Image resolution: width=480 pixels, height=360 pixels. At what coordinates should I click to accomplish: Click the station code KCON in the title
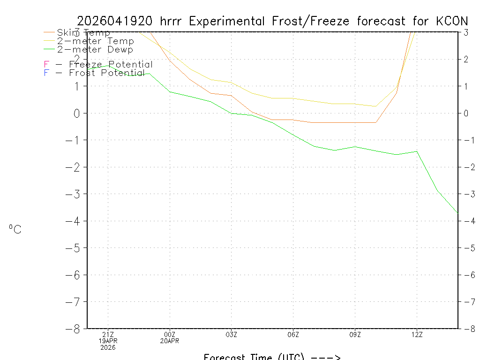pyautogui.click(x=451, y=21)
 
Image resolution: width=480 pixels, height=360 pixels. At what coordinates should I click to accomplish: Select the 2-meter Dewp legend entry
pyautogui.click(x=95, y=49)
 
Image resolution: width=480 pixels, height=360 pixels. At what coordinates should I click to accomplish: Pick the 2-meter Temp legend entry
pyautogui.click(x=95, y=41)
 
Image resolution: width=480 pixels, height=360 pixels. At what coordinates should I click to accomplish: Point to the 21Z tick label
pyautogui.click(x=108, y=334)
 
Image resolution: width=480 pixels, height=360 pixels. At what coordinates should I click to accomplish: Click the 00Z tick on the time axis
pyautogui.click(x=170, y=334)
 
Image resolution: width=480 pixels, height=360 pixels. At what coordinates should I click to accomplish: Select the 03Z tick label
pyautogui.click(x=232, y=334)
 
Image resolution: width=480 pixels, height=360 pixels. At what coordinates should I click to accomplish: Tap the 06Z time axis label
pyautogui.click(x=293, y=334)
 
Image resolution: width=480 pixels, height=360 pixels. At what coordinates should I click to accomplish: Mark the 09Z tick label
pyautogui.click(x=355, y=334)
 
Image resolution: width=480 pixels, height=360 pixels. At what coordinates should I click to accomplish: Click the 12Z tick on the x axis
pyautogui.click(x=417, y=334)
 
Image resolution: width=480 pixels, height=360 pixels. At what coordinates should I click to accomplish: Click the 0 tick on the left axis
pyautogui.click(x=77, y=113)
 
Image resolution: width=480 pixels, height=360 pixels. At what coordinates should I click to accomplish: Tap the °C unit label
pyautogui.click(x=15, y=229)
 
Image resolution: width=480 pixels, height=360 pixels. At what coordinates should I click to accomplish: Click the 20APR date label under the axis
pyautogui.click(x=170, y=341)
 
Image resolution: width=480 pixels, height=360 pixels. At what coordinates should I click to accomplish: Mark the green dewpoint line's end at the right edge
pyautogui.click(x=457, y=213)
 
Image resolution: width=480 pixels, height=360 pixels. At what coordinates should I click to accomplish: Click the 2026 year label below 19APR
pyautogui.click(x=108, y=347)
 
